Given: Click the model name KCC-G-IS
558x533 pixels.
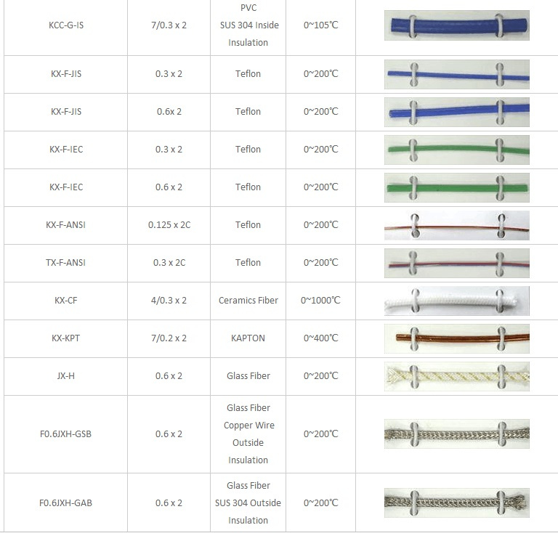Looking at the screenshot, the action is tap(66, 25).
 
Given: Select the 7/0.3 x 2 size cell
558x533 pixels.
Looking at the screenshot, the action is tap(169, 25).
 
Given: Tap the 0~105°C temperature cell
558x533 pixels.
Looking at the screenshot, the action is tap(320, 25).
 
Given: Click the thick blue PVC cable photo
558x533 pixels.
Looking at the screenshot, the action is tap(456, 25).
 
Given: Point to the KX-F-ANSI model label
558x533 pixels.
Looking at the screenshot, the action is tap(65, 225).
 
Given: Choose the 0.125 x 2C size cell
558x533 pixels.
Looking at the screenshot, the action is tap(169, 225).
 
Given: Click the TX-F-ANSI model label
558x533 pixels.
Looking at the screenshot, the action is tap(65, 263).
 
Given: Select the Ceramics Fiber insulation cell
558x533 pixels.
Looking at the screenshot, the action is tap(248, 301).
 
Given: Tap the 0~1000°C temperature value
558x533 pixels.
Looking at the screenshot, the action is tap(320, 301).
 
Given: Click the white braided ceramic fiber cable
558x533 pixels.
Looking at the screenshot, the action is tap(456, 301).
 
